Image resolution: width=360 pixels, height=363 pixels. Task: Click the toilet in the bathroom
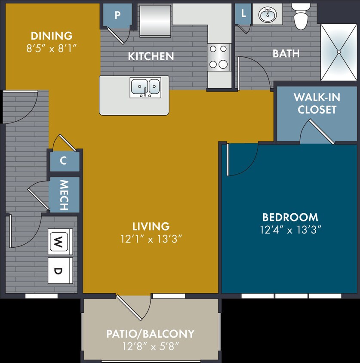tap(300, 16)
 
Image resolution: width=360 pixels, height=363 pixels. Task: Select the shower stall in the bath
tap(339, 52)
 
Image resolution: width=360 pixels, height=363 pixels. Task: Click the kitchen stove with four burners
tap(218, 57)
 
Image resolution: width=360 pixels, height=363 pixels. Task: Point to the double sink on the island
tap(146, 87)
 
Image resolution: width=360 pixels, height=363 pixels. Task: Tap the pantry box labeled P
tap(117, 15)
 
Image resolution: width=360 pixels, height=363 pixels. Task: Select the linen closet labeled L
tap(243, 13)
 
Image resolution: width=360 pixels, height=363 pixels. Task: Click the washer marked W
tap(60, 242)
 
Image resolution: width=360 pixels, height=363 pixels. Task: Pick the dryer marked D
tap(60, 271)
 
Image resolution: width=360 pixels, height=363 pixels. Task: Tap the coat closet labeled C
tap(64, 161)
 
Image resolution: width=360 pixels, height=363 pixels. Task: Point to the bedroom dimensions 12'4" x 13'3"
tap(291, 230)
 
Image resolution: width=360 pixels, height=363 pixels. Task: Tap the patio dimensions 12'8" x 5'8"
tap(151, 346)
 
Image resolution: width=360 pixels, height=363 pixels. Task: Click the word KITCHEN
tap(151, 56)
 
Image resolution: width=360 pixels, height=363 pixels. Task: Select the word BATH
tap(286, 54)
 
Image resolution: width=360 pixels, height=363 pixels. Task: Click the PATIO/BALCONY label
tap(151, 333)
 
